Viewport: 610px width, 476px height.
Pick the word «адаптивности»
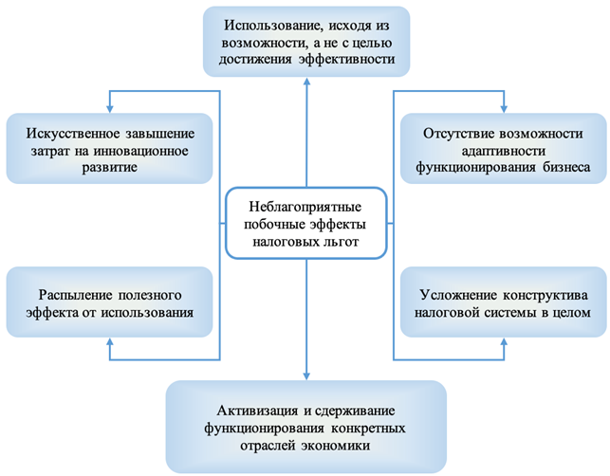(x=503, y=149)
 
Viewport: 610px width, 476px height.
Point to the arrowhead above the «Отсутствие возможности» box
(x=504, y=106)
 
